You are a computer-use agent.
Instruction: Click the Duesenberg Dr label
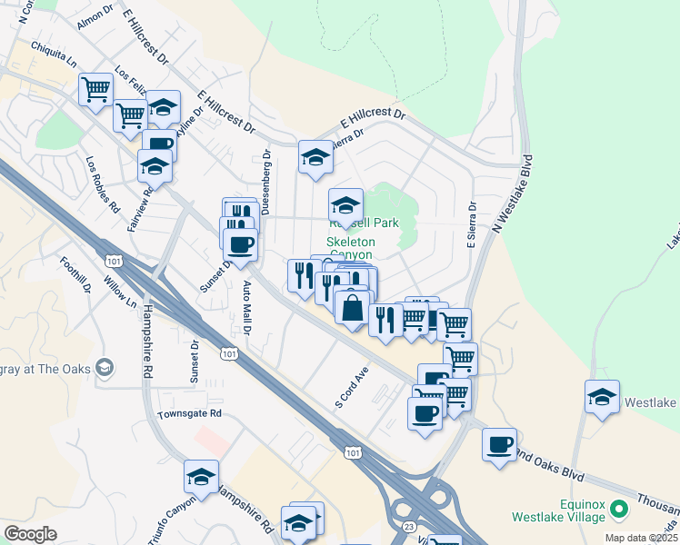266,182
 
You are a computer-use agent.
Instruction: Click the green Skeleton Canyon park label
351,248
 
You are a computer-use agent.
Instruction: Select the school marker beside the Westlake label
602,397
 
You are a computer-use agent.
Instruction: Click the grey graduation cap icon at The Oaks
105,367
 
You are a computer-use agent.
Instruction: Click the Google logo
30,534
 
